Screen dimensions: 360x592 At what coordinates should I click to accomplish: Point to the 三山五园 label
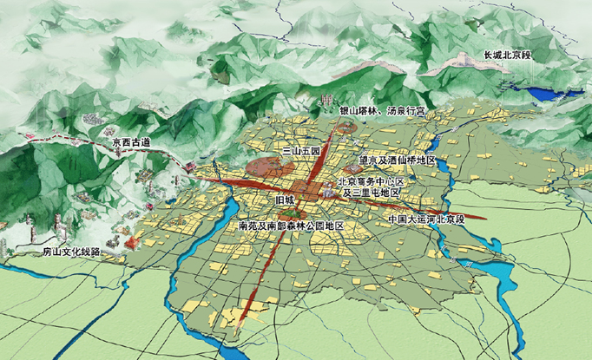coord(301,151)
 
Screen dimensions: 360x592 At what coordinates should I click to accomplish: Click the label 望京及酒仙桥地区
coord(397,160)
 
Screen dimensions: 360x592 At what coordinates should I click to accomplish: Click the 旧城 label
coord(285,200)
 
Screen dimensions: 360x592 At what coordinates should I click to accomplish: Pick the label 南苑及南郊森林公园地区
coord(291,225)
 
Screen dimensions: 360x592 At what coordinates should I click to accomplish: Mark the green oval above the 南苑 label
coord(293,213)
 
